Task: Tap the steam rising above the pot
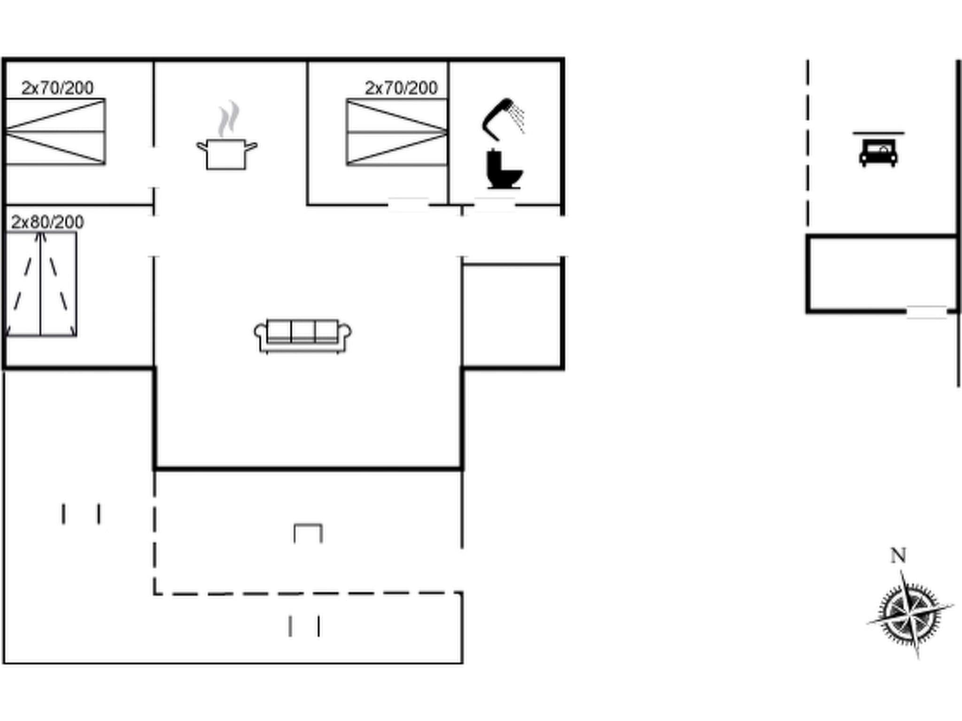(x=228, y=118)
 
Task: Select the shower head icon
(x=501, y=117)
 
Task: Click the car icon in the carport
(x=878, y=153)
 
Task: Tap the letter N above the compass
(x=898, y=556)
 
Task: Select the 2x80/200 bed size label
(x=47, y=222)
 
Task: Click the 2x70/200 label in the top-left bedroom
(x=57, y=88)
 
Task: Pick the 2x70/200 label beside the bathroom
(x=401, y=88)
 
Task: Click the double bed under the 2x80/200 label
(x=41, y=284)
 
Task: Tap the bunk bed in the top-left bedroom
(x=55, y=131)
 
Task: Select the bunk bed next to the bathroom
(x=396, y=132)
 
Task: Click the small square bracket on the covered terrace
(x=308, y=533)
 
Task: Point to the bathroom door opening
(x=494, y=205)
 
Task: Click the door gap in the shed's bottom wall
(x=926, y=312)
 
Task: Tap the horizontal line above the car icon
(x=878, y=133)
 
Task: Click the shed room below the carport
(x=882, y=273)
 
